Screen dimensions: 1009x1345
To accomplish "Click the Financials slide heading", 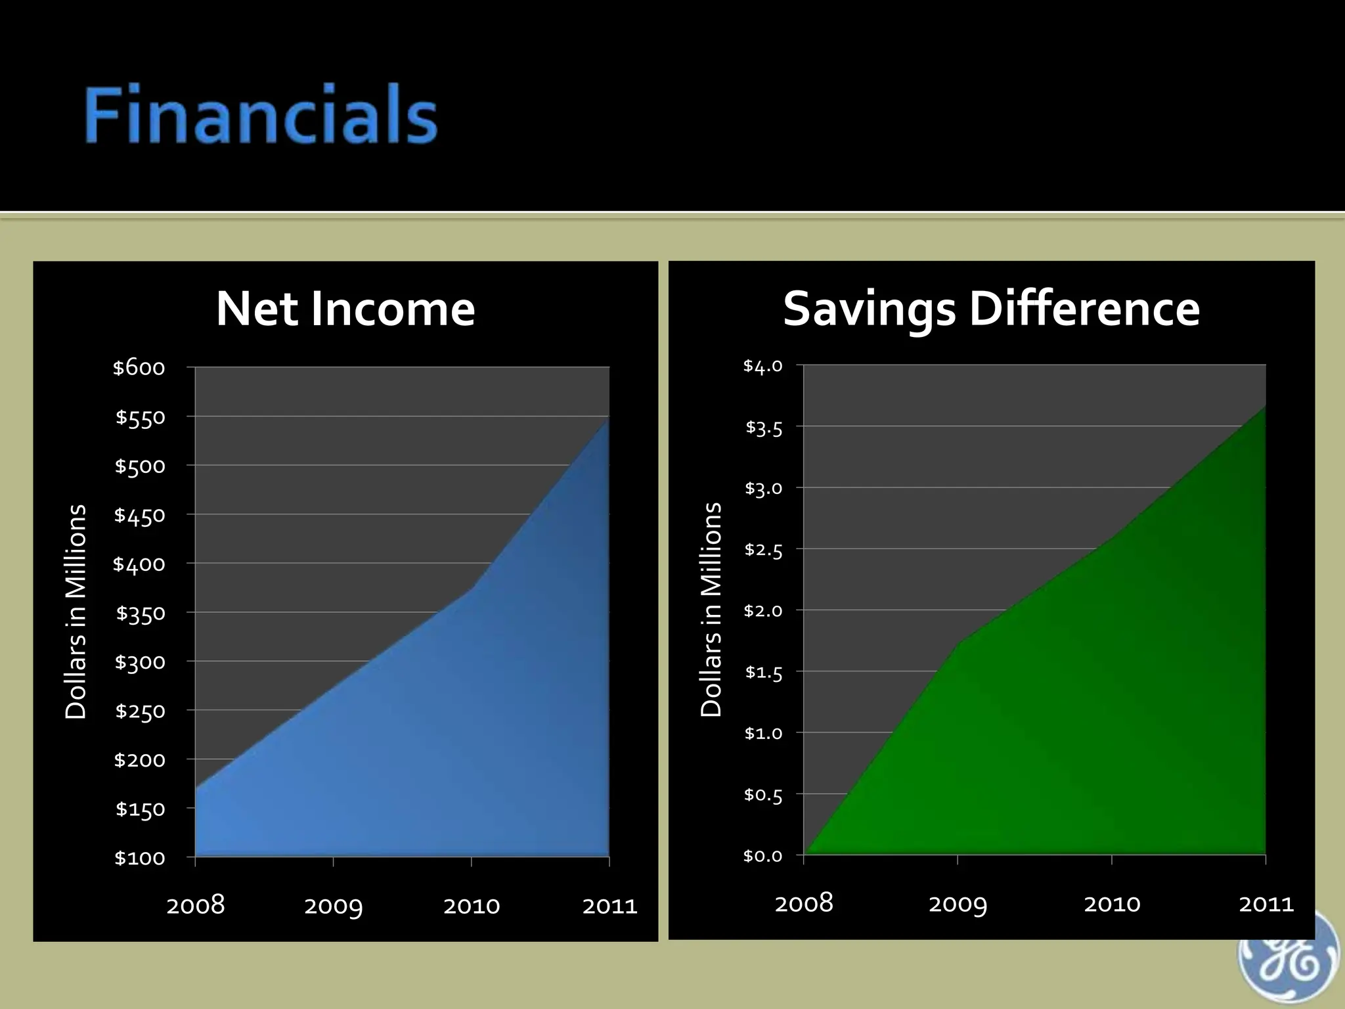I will point(261,116).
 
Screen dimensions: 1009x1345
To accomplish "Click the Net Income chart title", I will point(345,309).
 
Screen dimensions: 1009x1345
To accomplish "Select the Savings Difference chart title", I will point(991,309).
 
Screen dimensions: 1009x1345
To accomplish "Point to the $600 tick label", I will point(139,368).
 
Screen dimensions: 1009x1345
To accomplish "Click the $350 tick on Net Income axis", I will point(141,614).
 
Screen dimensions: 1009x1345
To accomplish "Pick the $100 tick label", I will point(140,858).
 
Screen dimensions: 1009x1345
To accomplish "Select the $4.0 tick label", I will point(762,366).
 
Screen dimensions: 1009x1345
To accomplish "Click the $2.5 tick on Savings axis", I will point(763,550).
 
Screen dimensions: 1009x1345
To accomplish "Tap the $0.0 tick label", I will point(762,856).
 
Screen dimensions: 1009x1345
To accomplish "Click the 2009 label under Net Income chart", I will point(334,907).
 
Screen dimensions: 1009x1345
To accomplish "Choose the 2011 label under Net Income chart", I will point(609,907).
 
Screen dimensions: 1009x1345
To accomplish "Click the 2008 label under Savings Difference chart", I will point(804,904).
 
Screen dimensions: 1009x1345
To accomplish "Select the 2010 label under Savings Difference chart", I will point(1112,904).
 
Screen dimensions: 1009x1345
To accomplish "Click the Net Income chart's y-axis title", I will point(76,612).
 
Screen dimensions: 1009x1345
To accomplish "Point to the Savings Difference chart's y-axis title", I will point(711,610).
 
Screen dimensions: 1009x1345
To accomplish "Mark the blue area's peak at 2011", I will point(608,418).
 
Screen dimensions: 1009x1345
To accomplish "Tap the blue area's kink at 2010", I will point(472,587).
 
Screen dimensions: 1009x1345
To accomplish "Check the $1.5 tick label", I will point(763,673).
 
